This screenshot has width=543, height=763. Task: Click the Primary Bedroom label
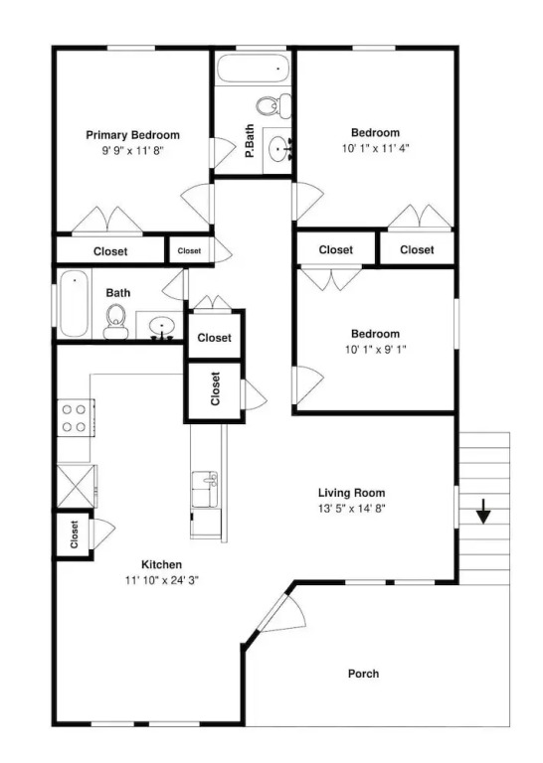point(132,135)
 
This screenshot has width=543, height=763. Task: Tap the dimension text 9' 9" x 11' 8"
point(132,151)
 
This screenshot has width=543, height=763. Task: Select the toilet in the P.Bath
point(273,105)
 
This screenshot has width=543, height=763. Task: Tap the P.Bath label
point(250,141)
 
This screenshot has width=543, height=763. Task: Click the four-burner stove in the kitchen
point(76,418)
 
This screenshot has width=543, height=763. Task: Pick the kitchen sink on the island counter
point(205,490)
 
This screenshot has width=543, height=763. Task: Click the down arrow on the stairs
point(482,511)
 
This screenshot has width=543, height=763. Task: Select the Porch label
point(363,674)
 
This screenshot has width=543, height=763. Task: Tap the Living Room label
point(351,493)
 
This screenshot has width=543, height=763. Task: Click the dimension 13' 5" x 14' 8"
point(352,509)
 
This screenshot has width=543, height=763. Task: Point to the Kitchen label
point(162,565)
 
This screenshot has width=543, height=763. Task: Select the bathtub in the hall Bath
point(75,303)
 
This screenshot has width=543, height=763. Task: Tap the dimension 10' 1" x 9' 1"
point(376,350)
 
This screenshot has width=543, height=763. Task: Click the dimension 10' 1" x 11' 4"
point(376,148)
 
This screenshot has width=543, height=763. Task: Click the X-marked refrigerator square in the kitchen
point(76,487)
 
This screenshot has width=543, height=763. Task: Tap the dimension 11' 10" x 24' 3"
point(162,580)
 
